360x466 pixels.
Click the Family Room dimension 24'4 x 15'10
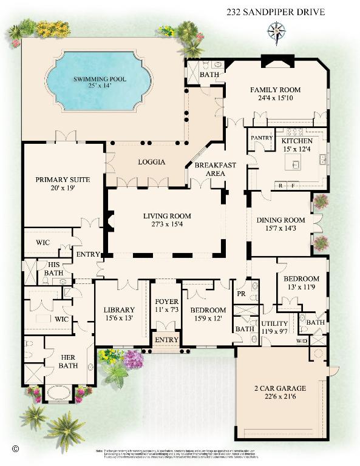pyautogui.click(x=276, y=99)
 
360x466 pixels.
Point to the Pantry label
pyautogui.click(x=258, y=138)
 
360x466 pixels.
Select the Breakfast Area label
pyautogui.click(x=210, y=169)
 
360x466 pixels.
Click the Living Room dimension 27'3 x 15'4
pyautogui.click(x=167, y=225)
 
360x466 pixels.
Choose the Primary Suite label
pyautogui.click(x=63, y=180)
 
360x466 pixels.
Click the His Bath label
pyautogui.click(x=53, y=269)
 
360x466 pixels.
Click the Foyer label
pyautogui.click(x=166, y=301)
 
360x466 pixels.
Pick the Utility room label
pyautogui.click(x=275, y=324)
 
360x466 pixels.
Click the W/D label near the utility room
pyautogui.click(x=302, y=340)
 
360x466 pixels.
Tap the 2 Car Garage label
pyautogui.click(x=280, y=388)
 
